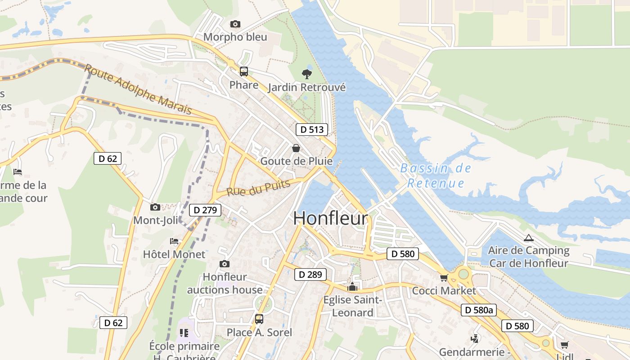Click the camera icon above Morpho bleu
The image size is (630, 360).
pos(235,24)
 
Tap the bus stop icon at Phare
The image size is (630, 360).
pos(243,72)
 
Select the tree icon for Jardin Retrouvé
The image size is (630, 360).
pos(307,74)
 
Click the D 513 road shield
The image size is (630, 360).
pos(312,130)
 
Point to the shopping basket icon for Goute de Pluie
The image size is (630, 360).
pos(296,148)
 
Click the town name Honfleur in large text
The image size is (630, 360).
pos(330,218)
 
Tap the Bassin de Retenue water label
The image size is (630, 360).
pos(436,175)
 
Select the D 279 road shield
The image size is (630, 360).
pos(205,210)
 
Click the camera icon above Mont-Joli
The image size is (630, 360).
pos(155,207)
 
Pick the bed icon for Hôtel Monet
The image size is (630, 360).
pos(174,241)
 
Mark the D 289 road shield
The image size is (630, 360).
pos(310,274)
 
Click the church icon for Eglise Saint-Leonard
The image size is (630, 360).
pos(352,287)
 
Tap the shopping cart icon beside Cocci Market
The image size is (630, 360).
pos(444,278)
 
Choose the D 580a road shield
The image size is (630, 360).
pos(478,310)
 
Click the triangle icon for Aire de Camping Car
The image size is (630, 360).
pos(528,238)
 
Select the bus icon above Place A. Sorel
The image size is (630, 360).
pos(259,319)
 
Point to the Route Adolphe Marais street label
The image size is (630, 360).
pos(138,89)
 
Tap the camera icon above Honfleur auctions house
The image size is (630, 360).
pos(224,264)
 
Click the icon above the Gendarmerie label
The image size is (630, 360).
pos(474,338)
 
